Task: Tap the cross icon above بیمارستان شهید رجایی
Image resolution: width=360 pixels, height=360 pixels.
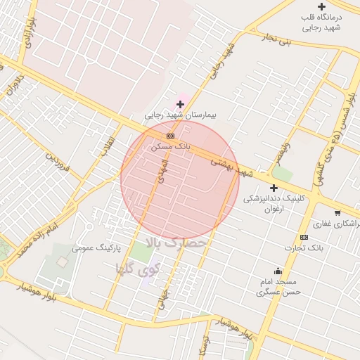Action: (181, 104)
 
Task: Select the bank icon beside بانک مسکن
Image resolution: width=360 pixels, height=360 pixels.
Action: (169, 136)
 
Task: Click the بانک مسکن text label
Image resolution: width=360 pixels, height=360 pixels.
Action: (170, 147)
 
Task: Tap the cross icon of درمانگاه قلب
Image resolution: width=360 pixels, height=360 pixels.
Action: (322, 6)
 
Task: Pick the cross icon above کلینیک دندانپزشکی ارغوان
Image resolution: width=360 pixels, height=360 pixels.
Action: (274, 188)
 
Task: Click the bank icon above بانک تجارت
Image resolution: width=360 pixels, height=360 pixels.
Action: (304, 237)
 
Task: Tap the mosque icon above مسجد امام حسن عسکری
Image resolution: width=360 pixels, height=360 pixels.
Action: (278, 271)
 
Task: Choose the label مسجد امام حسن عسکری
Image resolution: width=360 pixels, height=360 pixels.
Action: (278, 286)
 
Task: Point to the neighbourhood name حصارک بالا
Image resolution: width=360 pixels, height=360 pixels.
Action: (176, 243)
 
